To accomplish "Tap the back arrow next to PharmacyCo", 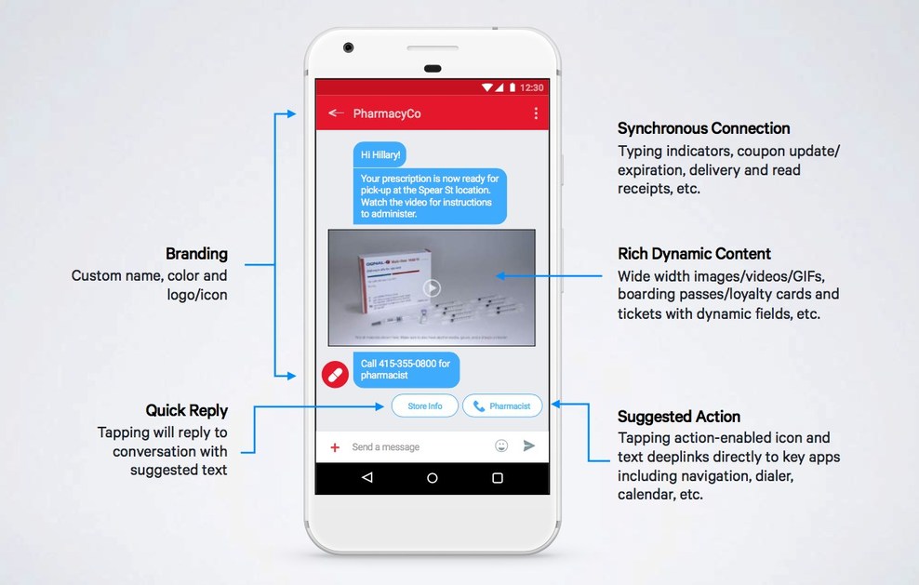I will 336,113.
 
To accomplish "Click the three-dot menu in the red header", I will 536,113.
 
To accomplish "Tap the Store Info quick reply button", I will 424,406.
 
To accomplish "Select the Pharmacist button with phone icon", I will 502,406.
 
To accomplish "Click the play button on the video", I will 432,287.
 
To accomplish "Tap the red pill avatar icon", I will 335,374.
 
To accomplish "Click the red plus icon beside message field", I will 335,447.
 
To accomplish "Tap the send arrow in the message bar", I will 529,446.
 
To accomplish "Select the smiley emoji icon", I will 501,446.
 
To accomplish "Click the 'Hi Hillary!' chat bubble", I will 381,154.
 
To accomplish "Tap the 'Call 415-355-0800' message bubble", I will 406,369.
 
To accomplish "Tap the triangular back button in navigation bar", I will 367,478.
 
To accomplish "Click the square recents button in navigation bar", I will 498,478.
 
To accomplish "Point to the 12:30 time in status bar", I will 532,87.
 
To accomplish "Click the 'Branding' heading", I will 196,254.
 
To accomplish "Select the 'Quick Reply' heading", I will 187,410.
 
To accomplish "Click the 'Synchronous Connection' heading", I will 704,128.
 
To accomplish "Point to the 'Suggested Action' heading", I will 679,417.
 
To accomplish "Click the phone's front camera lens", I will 348,47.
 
